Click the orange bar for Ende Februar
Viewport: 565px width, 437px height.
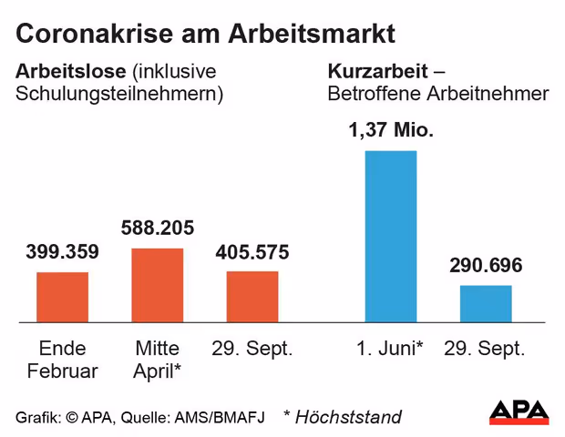click(62, 297)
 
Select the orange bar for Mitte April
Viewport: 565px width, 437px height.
click(158, 285)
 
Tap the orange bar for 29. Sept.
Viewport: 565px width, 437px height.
click(252, 296)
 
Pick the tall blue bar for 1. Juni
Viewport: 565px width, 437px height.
click(390, 236)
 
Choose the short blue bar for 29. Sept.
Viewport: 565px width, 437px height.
click(486, 303)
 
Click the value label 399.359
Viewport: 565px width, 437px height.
click(62, 252)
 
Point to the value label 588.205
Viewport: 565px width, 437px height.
click(158, 229)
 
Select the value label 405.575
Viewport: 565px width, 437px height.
click(252, 252)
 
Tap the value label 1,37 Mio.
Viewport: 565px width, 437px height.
click(390, 130)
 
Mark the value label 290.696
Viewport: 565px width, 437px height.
click(486, 266)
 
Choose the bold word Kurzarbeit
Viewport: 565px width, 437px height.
click(375, 70)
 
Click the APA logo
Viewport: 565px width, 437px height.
click(519, 412)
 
